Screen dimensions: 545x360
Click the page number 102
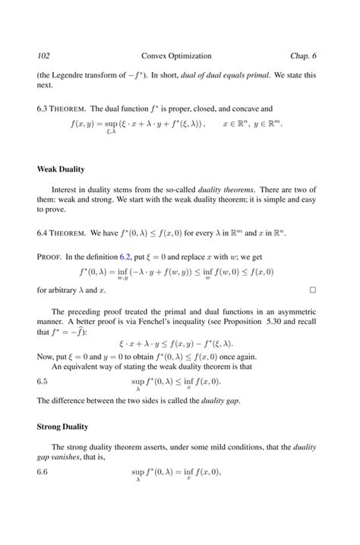[44, 56]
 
